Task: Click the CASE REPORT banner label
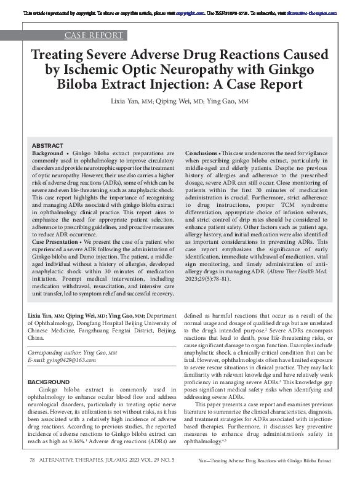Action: tap(93, 35)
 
